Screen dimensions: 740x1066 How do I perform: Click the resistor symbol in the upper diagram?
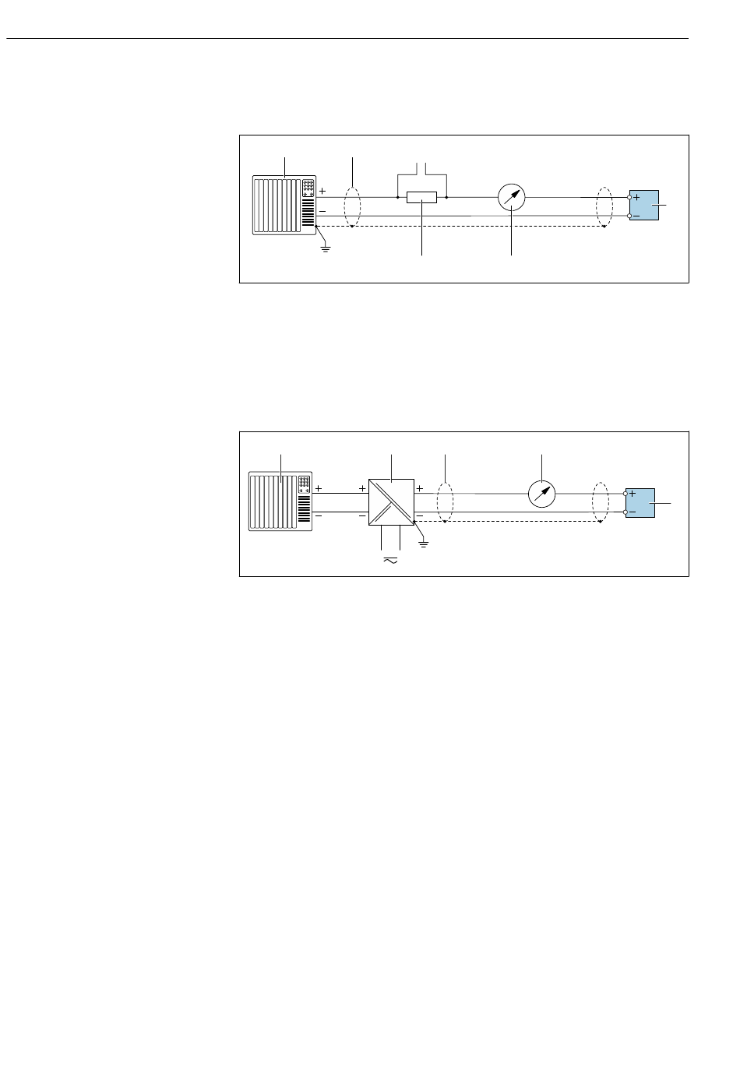pos(421,199)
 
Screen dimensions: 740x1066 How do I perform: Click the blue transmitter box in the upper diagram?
pos(646,206)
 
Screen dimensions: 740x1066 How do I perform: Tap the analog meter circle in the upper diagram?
pos(512,198)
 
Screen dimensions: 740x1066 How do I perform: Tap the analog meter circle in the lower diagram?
pos(541,494)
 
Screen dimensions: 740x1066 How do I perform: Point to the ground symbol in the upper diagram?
pos(326,248)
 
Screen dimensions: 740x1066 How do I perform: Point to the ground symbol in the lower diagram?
pos(424,542)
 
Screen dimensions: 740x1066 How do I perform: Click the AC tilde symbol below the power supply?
pos(389,559)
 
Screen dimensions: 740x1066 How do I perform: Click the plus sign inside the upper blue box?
pos(637,198)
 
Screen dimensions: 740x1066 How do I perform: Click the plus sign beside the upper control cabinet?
pos(322,191)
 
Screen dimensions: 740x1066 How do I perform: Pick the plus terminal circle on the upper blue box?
pos(629,198)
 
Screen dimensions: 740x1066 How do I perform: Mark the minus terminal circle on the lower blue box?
pos(626,512)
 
